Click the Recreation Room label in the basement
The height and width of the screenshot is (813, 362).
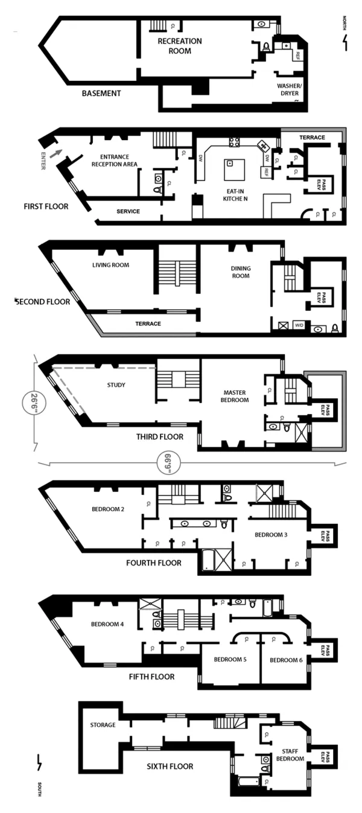click(179, 46)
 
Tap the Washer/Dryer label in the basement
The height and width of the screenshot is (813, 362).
click(288, 89)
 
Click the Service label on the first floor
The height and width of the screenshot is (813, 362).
click(128, 211)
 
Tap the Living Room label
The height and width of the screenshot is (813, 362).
click(110, 264)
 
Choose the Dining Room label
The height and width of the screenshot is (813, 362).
click(241, 272)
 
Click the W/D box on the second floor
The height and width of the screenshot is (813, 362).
click(299, 325)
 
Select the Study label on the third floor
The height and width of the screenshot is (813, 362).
click(115, 384)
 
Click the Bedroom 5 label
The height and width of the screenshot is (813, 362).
click(230, 660)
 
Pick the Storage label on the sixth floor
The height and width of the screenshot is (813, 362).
click(103, 725)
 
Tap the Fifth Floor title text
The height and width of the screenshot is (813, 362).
click(152, 677)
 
